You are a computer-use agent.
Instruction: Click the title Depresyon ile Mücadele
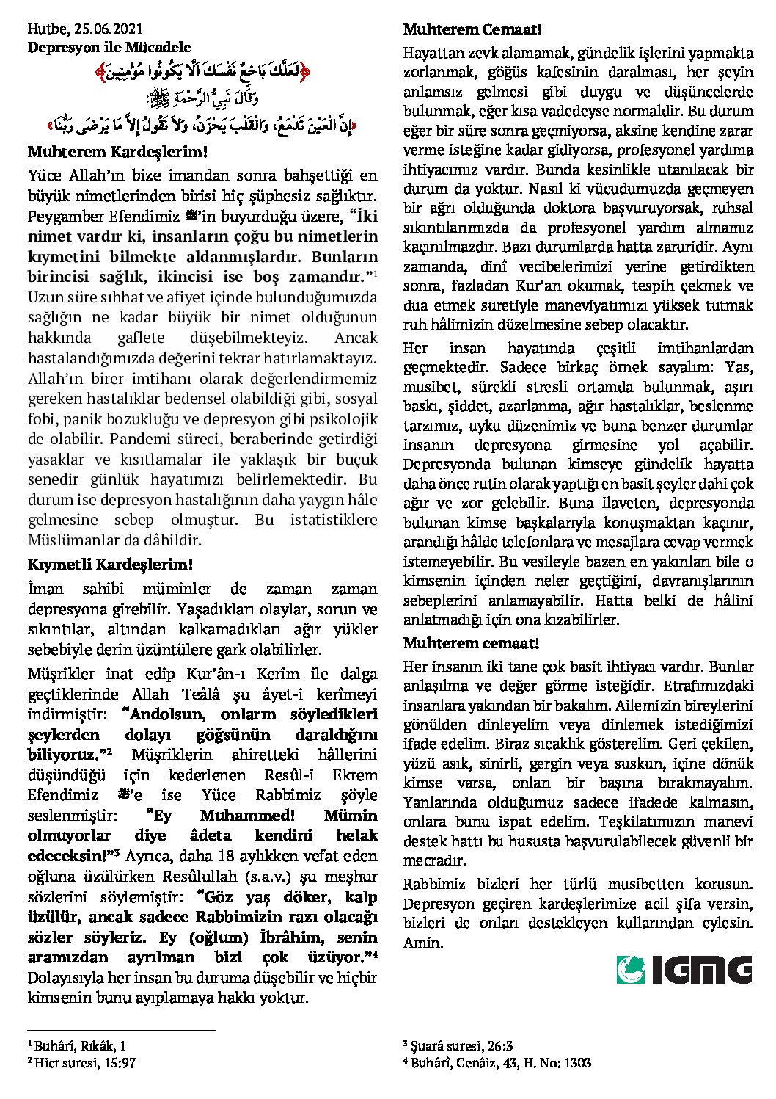pyautogui.click(x=109, y=48)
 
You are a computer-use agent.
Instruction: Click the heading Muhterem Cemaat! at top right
pyautogui.click(x=472, y=30)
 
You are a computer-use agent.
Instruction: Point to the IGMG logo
pyautogui.click(x=684, y=969)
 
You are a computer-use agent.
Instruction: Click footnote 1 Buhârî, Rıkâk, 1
pyautogui.click(x=77, y=1045)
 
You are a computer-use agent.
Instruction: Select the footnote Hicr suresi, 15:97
pyautogui.click(x=81, y=1062)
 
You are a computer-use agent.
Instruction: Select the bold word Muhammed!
pyautogui.click(x=246, y=815)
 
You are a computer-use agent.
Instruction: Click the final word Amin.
pyautogui.click(x=423, y=942)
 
